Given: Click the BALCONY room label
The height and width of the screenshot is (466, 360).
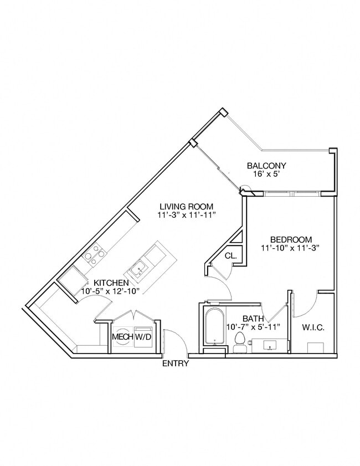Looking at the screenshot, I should point(266,166).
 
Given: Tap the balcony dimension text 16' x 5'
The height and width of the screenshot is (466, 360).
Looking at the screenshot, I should point(266,175).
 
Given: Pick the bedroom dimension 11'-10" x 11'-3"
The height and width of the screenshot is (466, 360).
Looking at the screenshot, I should point(291,248).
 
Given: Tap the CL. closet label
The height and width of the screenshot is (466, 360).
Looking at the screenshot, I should point(231,256).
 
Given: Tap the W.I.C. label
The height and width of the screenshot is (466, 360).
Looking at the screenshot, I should point(313,327).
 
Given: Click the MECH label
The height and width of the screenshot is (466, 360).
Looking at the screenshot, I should point(121,336).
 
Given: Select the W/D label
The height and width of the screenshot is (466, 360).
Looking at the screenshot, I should point(143,336).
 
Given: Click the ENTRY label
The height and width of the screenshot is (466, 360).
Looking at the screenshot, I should point(175,364).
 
